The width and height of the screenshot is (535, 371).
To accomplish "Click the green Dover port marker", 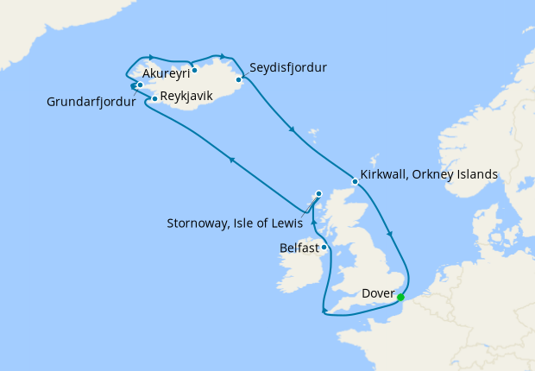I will pos(400,299).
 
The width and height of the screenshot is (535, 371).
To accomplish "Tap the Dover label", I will pos(377,293).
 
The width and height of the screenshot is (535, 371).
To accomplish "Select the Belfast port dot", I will pos(324,248).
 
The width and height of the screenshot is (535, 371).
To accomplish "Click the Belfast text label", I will pos(299,248).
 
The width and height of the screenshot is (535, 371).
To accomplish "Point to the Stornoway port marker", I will pos(318,194).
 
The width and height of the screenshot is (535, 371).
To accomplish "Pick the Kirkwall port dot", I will pos(355,181).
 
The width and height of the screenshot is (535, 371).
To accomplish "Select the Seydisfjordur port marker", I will pos(239,79).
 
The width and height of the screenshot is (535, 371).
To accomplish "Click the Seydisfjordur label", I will pos(288,66).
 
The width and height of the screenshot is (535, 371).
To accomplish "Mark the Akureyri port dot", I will pos(195,70).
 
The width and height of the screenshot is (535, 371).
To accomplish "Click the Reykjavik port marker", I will pos(154,99).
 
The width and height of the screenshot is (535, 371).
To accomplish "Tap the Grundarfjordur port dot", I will pos(140,85).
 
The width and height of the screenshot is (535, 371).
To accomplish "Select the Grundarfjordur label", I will pos(91,104).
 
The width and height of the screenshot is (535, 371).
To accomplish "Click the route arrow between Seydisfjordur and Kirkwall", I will pos(293,130).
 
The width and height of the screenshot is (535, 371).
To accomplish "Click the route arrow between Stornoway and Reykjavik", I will pos(230,159).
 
